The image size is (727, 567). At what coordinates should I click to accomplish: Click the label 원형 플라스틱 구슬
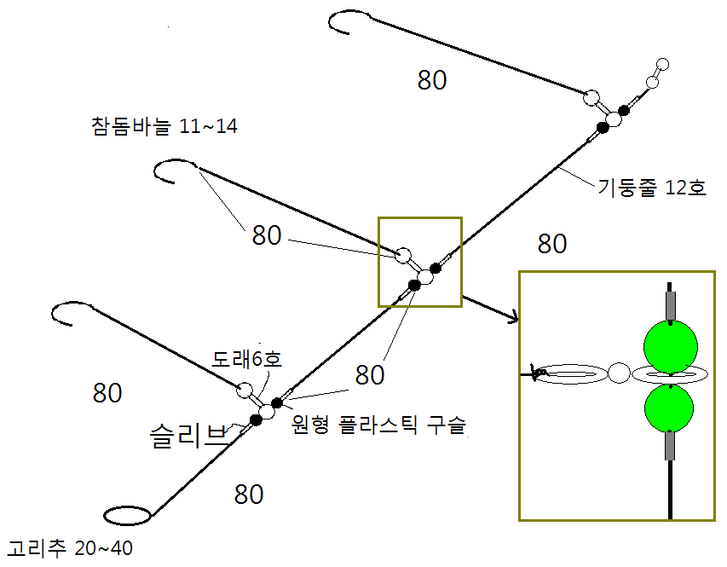coord(379,425)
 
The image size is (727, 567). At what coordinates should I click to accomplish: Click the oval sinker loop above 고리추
coord(128,515)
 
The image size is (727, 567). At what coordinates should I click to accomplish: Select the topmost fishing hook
coord(345,20)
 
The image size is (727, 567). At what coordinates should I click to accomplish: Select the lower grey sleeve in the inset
coord(671,445)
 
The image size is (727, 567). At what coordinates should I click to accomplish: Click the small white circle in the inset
coord(620,373)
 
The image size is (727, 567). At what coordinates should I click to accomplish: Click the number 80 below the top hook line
coord(432,80)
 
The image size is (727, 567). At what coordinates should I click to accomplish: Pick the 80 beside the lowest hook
coord(107,393)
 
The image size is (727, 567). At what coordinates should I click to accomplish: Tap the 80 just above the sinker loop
coord(249,494)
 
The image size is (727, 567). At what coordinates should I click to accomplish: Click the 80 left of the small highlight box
coord(267,236)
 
